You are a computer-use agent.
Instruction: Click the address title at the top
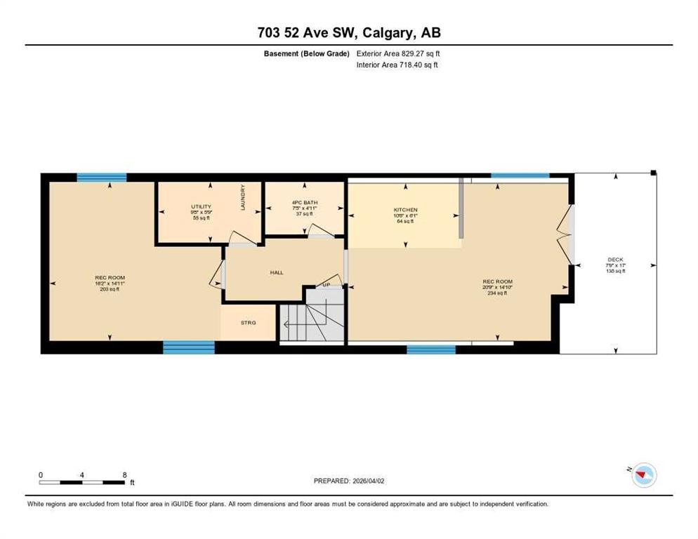(x=349, y=32)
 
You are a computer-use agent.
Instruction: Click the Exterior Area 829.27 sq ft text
(x=398, y=53)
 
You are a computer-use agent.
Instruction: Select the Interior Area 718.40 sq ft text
(x=397, y=65)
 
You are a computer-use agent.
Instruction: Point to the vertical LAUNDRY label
(x=243, y=197)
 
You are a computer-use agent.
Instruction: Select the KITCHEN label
(x=405, y=210)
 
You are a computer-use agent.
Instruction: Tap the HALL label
(x=277, y=272)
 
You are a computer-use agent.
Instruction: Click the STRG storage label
(x=248, y=323)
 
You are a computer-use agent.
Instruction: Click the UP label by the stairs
(x=327, y=285)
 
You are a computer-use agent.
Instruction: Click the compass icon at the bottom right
(x=643, y=477)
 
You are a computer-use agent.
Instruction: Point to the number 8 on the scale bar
(x=124, y=474)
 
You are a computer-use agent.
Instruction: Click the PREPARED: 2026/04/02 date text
(x=350, y=481)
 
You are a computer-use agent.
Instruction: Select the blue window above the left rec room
(x=101, y=178)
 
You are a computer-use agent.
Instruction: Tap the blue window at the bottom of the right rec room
(x=430, y=349)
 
